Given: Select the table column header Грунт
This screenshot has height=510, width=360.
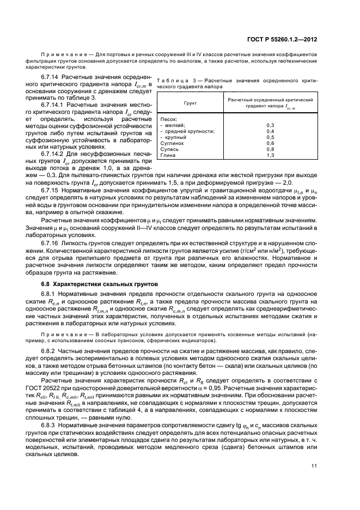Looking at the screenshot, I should [x=190, y=103].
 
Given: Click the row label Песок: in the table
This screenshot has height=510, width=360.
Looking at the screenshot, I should [x=169, y=119].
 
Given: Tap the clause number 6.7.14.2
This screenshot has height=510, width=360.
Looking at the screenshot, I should [x=54, y=154].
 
